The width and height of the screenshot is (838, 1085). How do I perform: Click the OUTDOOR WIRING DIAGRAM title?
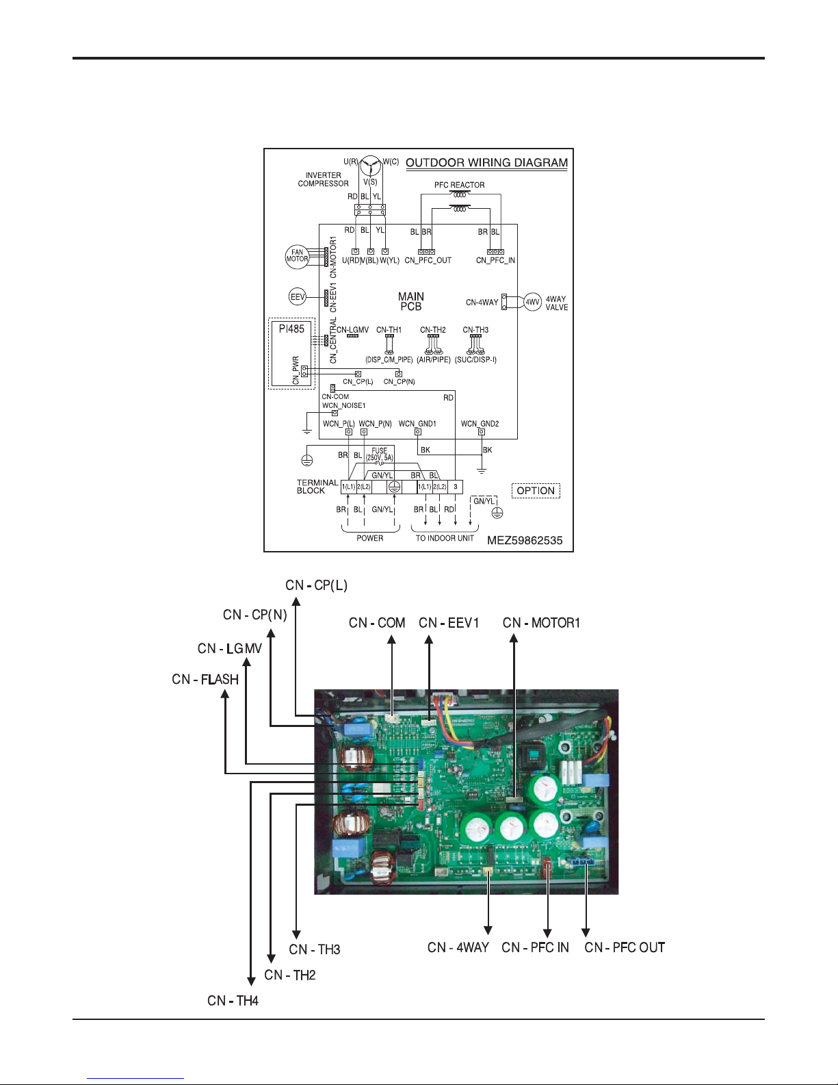[486, 163]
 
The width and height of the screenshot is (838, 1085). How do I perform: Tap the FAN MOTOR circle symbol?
[297, 256]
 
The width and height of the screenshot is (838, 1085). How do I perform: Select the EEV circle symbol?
[298, 297]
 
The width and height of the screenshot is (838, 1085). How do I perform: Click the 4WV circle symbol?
[532, 301]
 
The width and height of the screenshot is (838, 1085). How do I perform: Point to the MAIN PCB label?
[410, 301]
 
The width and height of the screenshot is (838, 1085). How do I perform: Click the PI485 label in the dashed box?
[291, 329]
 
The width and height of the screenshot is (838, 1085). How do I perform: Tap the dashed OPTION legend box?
[536, 490]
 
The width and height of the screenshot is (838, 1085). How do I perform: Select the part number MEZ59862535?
[525, 540]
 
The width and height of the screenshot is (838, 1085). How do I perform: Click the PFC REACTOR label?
[459, 185]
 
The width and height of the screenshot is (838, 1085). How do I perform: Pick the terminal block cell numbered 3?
[456, 487]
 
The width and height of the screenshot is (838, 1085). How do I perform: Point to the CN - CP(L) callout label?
[317, 585]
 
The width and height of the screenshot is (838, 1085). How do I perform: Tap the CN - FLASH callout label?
[205, 679]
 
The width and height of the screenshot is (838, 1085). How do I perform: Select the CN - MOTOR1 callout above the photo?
[541, 623]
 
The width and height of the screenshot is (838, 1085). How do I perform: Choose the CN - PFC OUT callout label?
[625, 947]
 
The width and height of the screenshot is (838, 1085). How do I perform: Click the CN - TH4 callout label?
[233, 1001]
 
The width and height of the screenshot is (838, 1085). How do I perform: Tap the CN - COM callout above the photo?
[377, 623]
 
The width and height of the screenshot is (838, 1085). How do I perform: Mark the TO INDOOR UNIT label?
[445, 538]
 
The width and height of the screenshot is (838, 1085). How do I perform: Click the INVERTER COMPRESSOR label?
[323, 179]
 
